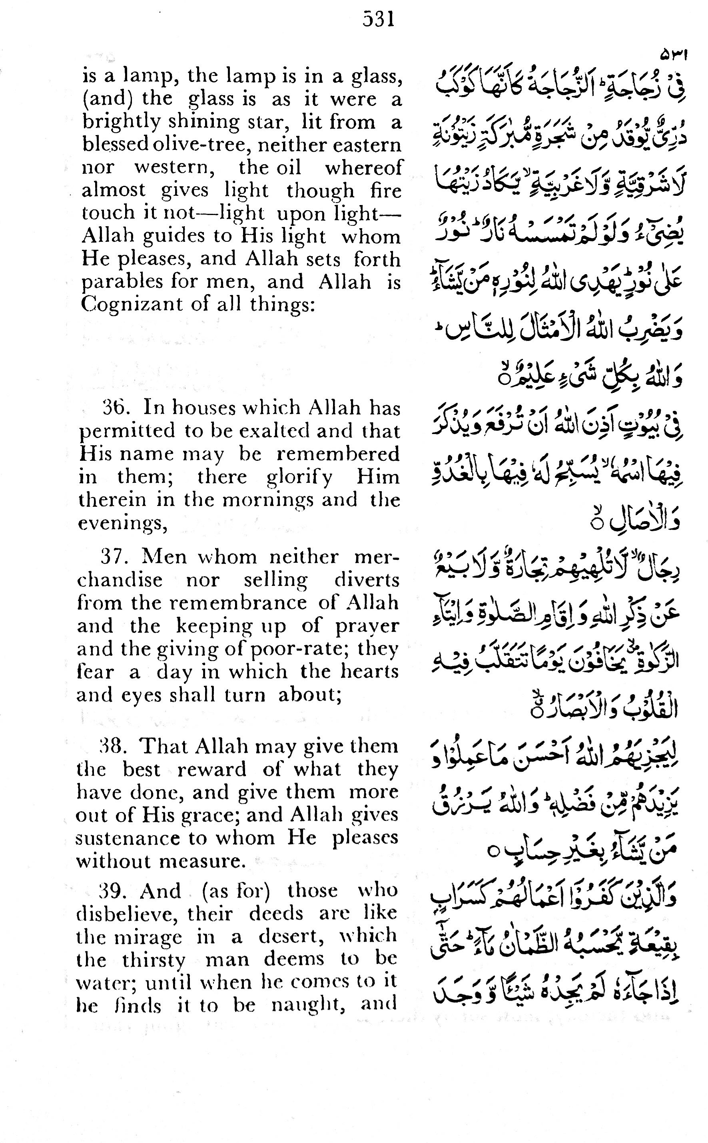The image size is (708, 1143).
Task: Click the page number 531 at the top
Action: pos(378,20)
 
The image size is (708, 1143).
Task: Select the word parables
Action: pos(122,282)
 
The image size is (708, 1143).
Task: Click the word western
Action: pos(175,167)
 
